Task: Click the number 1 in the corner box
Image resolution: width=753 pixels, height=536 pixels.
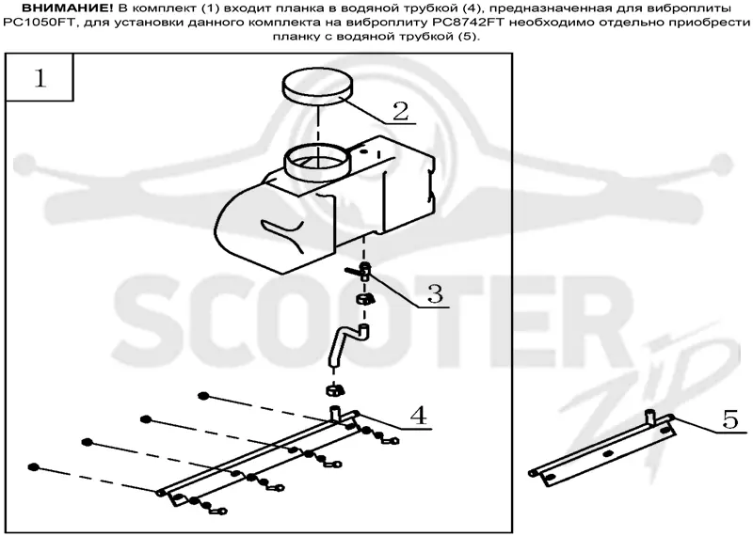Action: tap(40, 78)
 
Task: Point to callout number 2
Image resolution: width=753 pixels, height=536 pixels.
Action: tap(400, 111)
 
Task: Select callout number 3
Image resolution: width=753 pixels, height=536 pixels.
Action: tap(435, 293)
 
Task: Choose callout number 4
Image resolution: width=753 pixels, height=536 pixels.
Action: tap(418, 415)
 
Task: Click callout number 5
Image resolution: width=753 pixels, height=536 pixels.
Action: tap(730, 420)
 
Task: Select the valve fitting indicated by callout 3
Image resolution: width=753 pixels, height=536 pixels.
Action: tap(362, 272)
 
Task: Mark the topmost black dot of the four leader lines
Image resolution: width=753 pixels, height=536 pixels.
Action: tap(203, 396)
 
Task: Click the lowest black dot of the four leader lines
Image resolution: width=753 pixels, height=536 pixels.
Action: tap(33, 467)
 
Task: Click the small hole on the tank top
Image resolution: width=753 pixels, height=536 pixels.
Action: tap(363, 151)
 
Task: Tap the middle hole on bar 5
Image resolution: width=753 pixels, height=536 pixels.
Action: tap(608, 453)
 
